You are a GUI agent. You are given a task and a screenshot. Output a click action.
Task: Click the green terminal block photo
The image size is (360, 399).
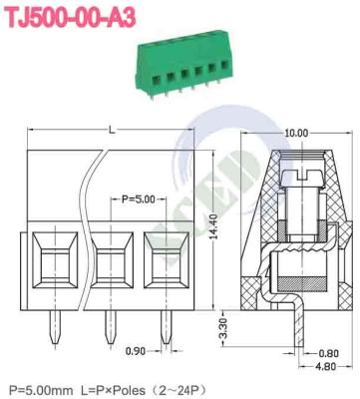pyautogui.click(x=179, y=72)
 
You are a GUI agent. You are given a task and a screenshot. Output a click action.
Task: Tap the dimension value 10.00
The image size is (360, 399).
pyautogui.click(x=295, y=132)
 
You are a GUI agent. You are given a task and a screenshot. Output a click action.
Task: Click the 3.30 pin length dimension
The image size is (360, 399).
pyautogui.click(x=226, y=326)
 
